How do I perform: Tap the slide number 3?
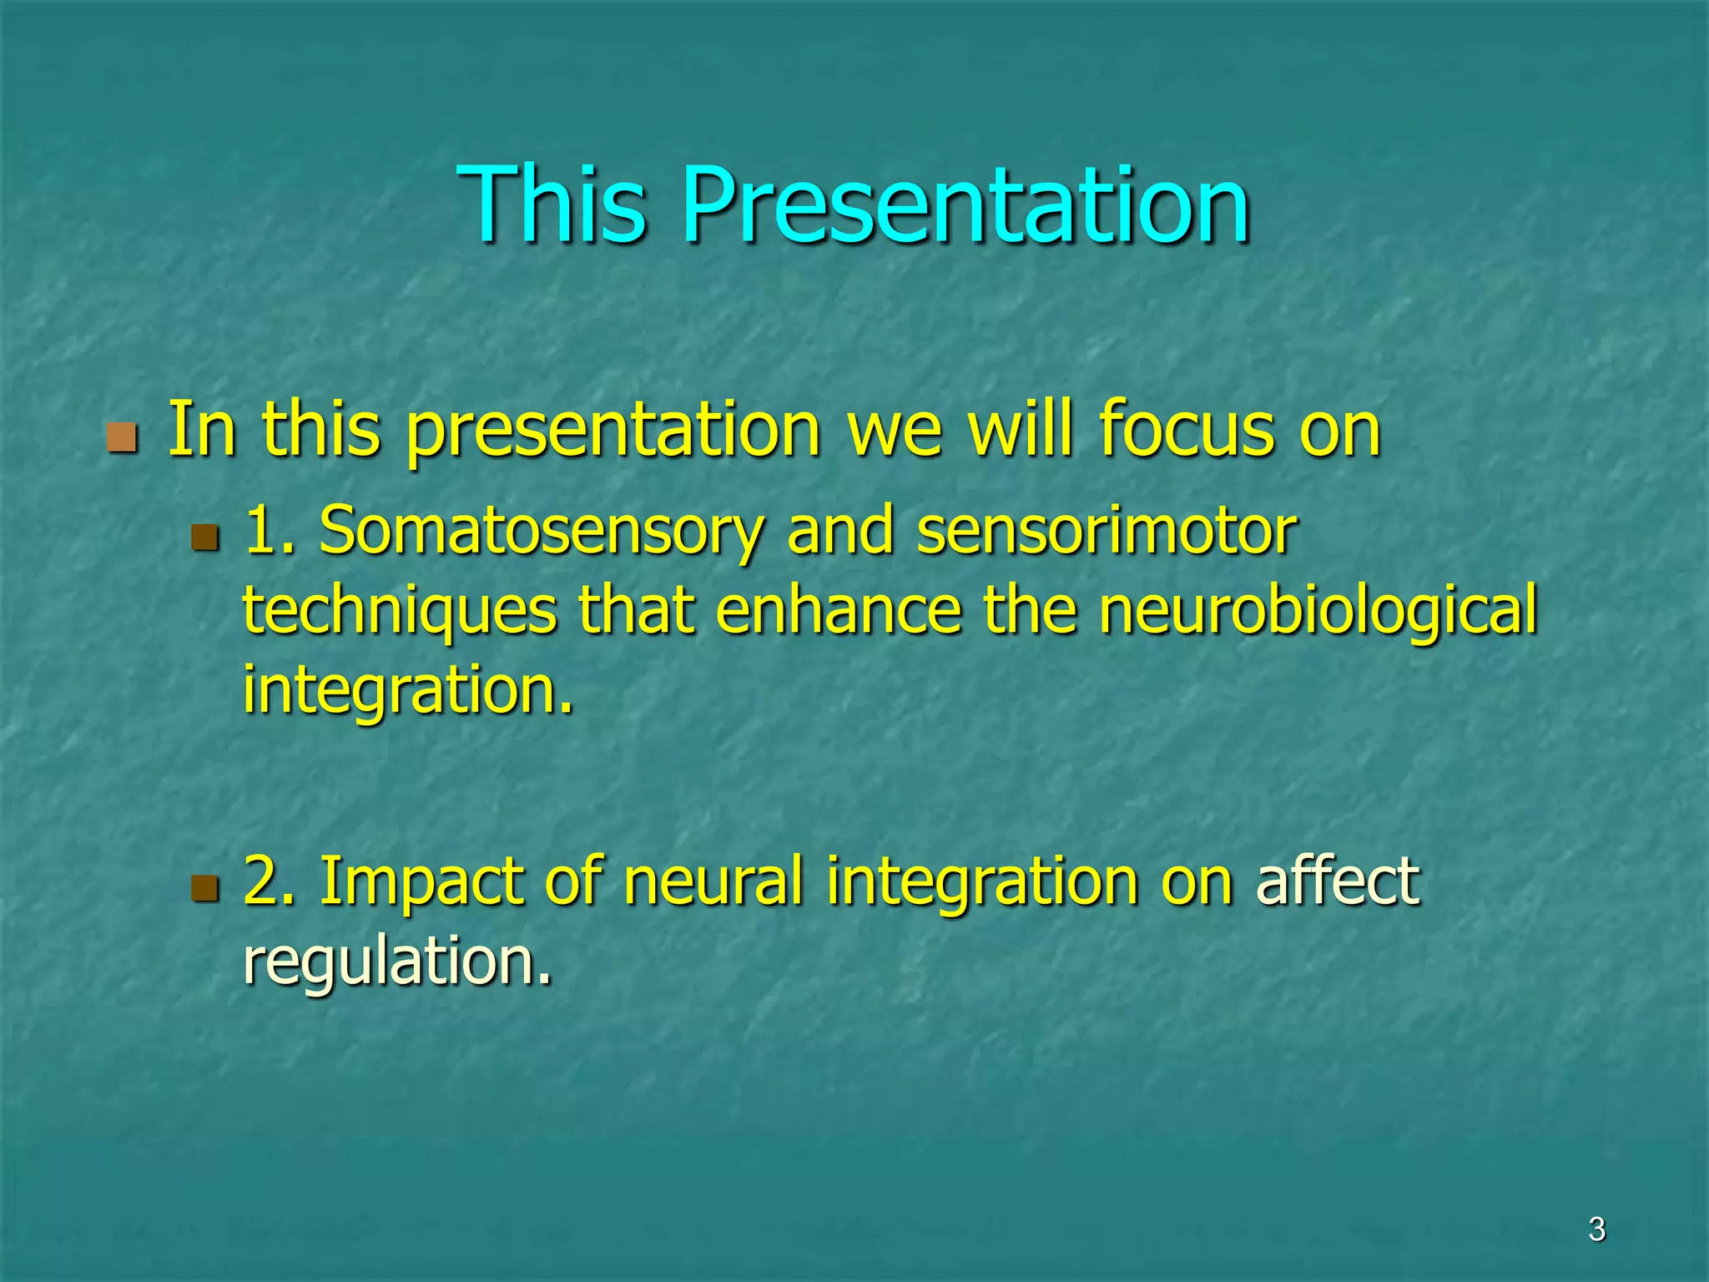coord(1596,1229)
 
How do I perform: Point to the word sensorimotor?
coord(1107,532)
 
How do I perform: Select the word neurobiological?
coord(1318,612)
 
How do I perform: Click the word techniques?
coord(399,612)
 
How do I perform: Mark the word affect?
coord(1337,881)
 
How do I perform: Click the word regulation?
coord(397,962)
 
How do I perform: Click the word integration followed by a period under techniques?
coord(407,692)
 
